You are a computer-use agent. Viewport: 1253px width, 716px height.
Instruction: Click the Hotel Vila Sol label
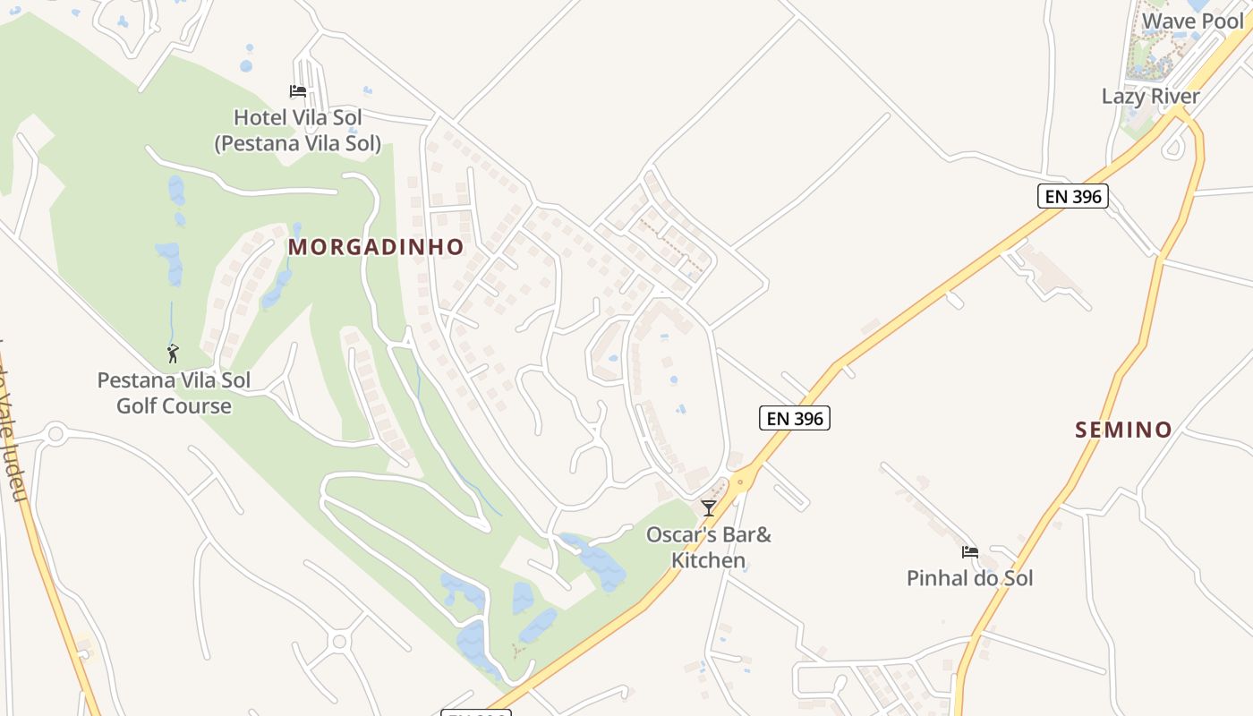coord(298,117)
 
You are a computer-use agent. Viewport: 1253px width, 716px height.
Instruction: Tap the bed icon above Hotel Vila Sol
coord(298,91)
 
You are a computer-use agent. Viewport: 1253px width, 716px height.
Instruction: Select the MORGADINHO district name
coord(376,247)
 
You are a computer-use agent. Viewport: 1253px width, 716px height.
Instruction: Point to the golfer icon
coord(173,354)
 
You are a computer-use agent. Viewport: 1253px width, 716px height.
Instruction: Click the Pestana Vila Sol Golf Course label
coord(174,393)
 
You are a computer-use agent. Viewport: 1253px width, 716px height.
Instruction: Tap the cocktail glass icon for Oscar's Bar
coord(708,508)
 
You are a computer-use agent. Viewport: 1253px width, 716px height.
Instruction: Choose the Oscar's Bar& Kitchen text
coord(708,548)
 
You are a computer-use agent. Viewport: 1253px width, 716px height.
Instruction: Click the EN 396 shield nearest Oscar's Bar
coord(795,418)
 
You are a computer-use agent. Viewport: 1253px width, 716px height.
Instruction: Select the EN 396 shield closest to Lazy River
coord(1073,196)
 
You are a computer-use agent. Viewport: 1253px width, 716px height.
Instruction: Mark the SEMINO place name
coord(1123,430)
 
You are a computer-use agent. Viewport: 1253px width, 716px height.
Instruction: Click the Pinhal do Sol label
coord(969,578)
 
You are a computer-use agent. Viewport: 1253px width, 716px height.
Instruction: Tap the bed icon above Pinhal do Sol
coord(969,552)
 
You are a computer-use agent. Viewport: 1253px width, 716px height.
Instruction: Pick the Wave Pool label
coord(1193,21)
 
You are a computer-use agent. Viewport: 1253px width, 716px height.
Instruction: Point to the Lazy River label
coord(1150,96)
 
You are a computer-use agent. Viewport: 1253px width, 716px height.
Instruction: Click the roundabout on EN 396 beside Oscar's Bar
coord(739,483)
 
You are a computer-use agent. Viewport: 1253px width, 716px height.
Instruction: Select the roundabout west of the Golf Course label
coord(55,436)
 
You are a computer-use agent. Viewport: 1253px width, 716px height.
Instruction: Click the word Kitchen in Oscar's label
coord(708,561)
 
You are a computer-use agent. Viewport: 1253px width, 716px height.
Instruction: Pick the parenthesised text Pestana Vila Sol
coord(298,143)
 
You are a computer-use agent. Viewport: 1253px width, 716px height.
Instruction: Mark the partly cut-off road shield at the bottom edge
coord(475,712)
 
